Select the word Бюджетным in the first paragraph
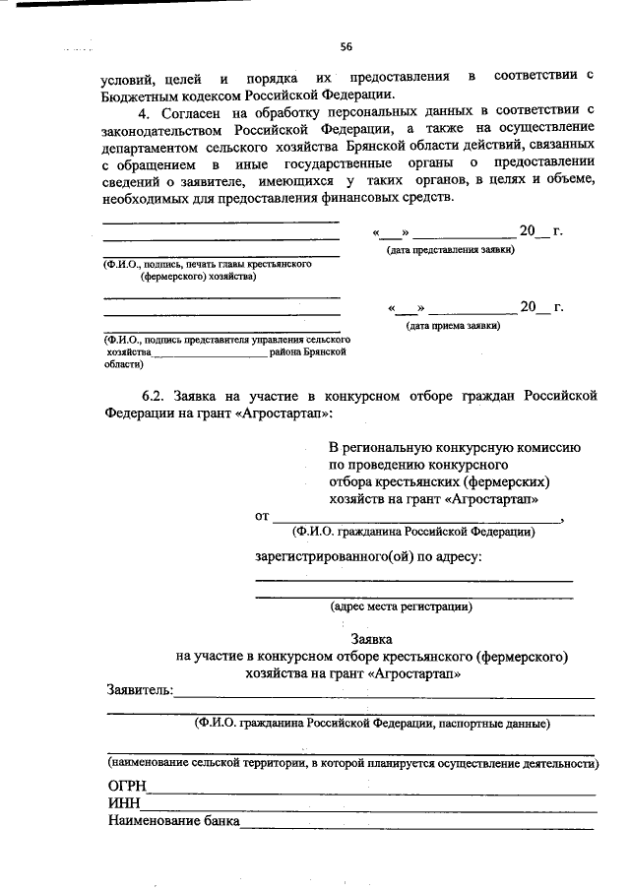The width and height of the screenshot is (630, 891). pos(144,95)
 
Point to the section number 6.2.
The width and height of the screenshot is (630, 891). pos(158,396)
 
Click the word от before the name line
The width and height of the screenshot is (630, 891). pos(262,516)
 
